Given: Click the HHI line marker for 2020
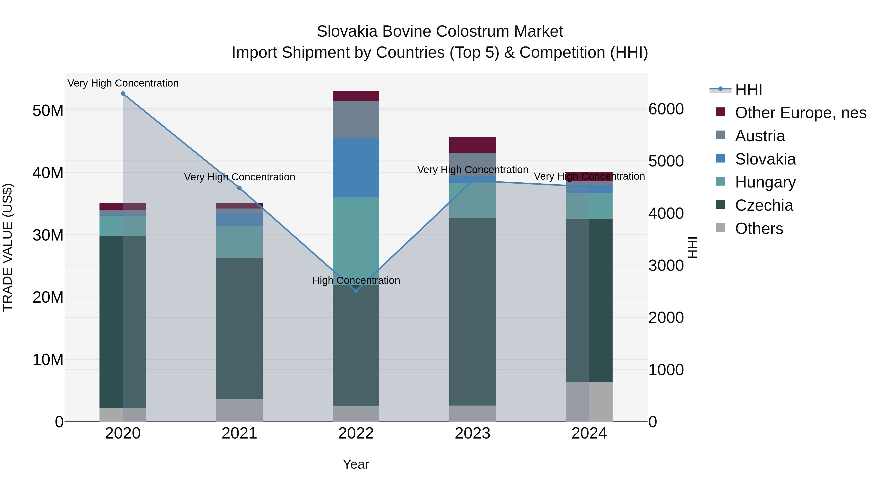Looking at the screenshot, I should [123, 93].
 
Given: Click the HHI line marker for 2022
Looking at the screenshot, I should [356, 291].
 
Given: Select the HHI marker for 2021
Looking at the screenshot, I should [240, 188].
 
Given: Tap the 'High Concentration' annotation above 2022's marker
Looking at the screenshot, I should [356, 280].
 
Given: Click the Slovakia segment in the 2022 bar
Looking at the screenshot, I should [356, 167].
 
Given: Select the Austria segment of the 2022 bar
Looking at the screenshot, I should [356, 120].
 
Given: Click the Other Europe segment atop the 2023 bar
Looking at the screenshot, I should [473, 145].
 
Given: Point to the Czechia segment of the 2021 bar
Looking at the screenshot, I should [240, 328].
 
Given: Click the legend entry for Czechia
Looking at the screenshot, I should [764, 206].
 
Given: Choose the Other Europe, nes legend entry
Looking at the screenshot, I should [800, 113].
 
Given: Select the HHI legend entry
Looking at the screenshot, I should [748, 89].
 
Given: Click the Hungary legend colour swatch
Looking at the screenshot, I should [720, 181].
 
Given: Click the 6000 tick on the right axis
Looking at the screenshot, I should [666, 109].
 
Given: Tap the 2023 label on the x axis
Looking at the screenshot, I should [473, 433].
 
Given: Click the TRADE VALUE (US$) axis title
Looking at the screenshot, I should [8, 247].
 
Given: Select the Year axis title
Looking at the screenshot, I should [356, 464].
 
